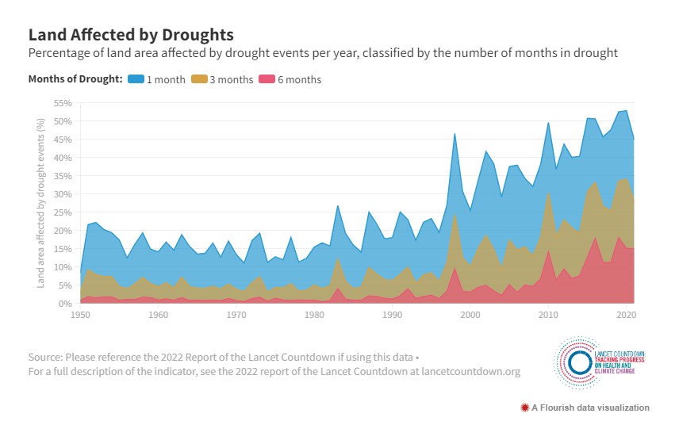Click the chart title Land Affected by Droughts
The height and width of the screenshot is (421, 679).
coord(131,35)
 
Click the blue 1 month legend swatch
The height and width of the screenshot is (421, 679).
coord(136,79)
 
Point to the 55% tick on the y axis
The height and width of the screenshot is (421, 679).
coord(62,103)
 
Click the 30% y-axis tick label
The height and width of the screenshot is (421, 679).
coord(62,194)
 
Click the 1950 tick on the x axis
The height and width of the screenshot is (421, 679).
coord(81,315)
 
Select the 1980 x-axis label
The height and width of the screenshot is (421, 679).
coord(314,315)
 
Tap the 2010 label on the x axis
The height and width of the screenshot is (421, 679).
coord(548,315)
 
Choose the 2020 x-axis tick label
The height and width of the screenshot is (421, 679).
coord(626,315)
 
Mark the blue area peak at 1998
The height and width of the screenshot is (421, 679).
coord(455,134)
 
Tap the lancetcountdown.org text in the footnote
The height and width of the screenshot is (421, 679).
coord(474,370)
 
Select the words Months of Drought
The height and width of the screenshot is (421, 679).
coord(75,79)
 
